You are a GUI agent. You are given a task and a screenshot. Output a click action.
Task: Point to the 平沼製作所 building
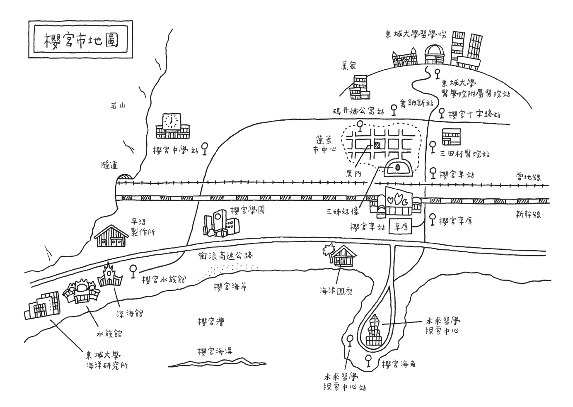point(111,236)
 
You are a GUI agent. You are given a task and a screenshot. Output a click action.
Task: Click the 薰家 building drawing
point(359,87)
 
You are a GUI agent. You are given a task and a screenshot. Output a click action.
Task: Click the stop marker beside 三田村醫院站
point(433,146)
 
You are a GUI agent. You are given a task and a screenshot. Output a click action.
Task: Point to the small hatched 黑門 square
point(377,145)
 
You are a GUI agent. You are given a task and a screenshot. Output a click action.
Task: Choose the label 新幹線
point(528,214)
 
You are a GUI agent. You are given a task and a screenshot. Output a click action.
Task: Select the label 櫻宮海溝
point(215,351)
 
